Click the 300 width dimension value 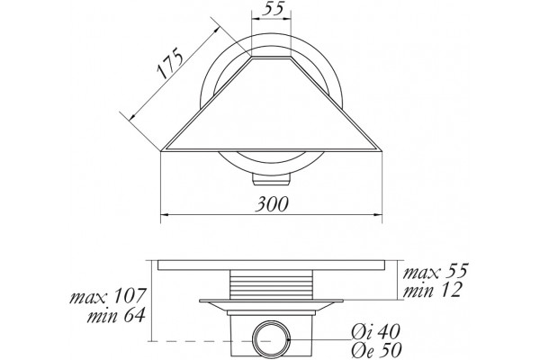[x=272, y=204]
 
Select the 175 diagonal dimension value [x=169, y=64]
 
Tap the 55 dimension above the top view [x=273, y=8]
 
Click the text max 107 [x=108, y=296]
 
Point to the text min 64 [x=116, y=315]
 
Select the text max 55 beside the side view [x=436, y=271]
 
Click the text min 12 [x=432, y=290]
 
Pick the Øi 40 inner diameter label [x=375, y=332]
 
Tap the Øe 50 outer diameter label [x=376, y=350]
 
